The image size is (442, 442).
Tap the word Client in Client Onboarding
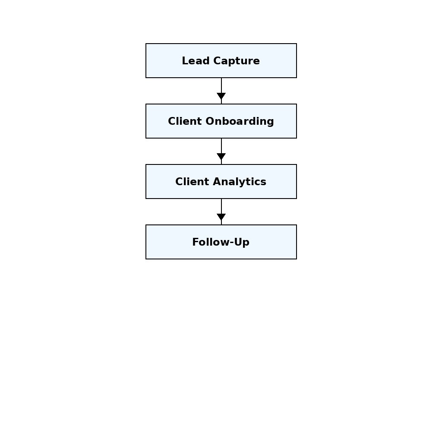185,121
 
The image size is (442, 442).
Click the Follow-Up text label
221,242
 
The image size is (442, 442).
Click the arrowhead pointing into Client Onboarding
221,96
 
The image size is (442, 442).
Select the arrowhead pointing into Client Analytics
221,156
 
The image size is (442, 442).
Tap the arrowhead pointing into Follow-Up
221,217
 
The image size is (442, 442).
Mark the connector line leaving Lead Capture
221,85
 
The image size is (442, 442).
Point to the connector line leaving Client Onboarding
221,145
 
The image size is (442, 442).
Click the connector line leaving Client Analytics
221,206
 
